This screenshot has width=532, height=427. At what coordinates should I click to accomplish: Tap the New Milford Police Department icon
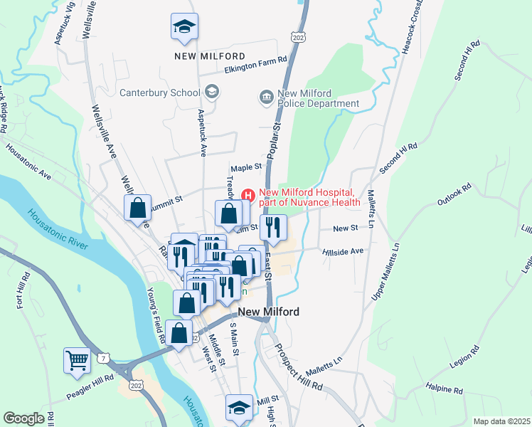pyautogui.click(x=267, y=97)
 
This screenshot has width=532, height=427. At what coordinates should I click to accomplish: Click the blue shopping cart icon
pyautogui.click(x=77, y=360)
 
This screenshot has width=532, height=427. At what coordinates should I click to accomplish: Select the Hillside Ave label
pyautogui.click(x=343, y=251)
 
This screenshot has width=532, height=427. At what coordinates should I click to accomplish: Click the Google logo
pyautogui.click(x=23, y=418)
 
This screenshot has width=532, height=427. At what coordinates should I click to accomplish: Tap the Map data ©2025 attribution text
pyautogui.click(x=501, y=421)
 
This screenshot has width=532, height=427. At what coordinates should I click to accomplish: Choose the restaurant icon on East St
pyautogui.click(x=273, y=228)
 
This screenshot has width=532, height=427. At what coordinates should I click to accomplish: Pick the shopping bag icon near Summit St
pyautogui.click(x=138, y=209)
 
